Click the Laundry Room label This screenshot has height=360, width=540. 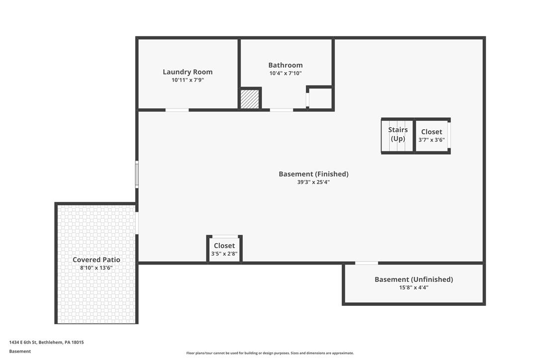187,72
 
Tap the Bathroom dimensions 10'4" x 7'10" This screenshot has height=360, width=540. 285,73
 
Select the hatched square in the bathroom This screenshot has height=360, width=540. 250,99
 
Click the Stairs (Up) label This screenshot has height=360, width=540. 398,134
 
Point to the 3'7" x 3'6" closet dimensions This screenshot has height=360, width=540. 432,140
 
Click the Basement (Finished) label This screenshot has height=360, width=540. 313,174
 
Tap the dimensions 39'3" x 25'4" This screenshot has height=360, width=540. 313,182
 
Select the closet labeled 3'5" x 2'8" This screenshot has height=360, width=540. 224,249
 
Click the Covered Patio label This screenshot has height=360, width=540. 96,260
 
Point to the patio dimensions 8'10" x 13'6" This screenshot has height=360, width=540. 96,268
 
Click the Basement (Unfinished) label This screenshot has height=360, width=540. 414,279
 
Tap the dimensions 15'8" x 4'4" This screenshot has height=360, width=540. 414,287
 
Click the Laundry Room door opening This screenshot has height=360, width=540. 177,110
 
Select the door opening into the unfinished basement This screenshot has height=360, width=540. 366,263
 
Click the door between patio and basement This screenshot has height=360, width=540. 137,223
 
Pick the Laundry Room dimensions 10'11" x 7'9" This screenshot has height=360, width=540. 187,80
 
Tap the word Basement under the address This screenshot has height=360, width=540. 20,352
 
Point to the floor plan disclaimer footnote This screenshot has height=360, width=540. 270,353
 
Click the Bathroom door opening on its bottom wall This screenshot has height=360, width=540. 281,110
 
